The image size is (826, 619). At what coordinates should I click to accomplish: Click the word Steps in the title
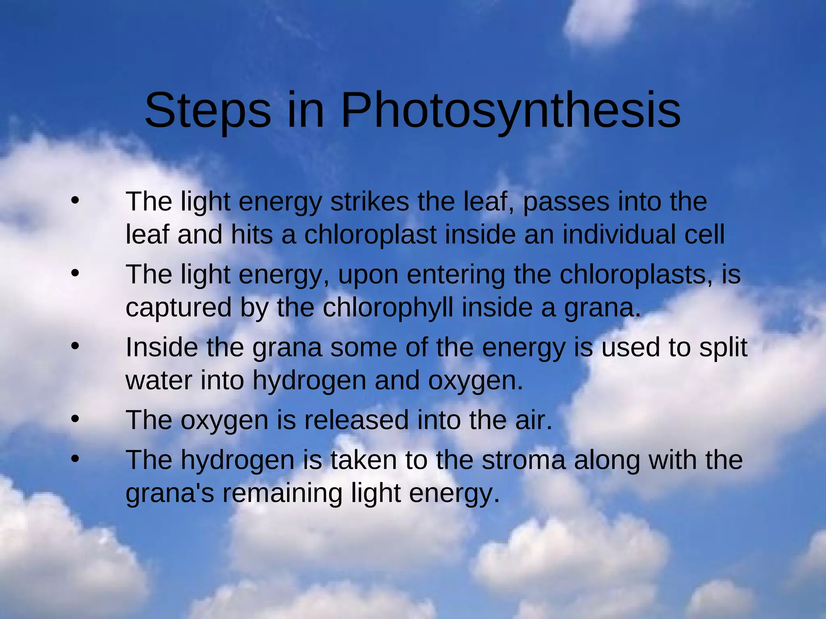[208, 111]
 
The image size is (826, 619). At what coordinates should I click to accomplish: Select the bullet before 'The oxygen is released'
[75, 419]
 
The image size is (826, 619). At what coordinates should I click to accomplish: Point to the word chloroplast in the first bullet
[370, 235]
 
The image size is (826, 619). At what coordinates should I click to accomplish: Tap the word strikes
[369, 201]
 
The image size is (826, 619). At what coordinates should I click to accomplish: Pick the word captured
[179, 308]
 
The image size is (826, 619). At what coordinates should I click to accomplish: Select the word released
[356, 420]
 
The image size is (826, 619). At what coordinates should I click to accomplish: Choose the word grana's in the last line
[170, 493]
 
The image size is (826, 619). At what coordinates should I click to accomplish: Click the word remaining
[282, 493]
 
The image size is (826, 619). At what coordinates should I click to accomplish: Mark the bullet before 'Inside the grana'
[75, 346]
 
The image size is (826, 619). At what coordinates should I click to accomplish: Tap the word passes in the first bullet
[566, 201]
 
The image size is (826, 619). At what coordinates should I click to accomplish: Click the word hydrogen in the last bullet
[237, 461]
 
